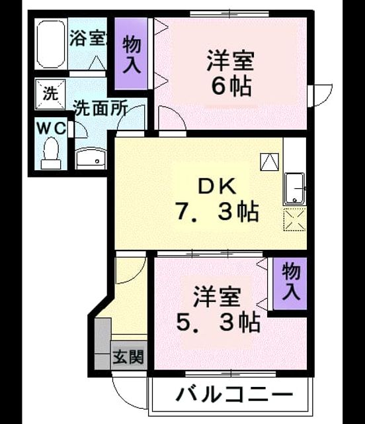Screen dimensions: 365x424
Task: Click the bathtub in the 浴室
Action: (x=51, y=44)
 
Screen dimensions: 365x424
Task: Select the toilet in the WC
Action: (x=51, y=153)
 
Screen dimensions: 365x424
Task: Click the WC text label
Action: (x=52, y=128)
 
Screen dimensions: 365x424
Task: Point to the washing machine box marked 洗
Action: (x=50, y=94)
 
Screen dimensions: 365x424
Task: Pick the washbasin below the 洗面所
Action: (x=91, y=159)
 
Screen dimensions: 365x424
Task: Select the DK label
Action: (x=218, y=187)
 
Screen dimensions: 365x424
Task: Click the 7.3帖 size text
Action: (x=218, y=212)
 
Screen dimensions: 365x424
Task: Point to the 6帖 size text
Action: (x=231, y=86)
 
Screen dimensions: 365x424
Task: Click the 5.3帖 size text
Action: (x=218, y=322)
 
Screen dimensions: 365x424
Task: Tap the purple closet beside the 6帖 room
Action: (x=132, y=54)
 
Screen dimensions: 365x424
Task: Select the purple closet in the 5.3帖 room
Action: (x=290, y=284)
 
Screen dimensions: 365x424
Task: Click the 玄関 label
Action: (x=128, y=357)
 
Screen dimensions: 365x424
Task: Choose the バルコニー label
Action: (x=234, y=395)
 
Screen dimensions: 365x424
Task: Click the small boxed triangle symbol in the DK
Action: (x=269, y=162)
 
